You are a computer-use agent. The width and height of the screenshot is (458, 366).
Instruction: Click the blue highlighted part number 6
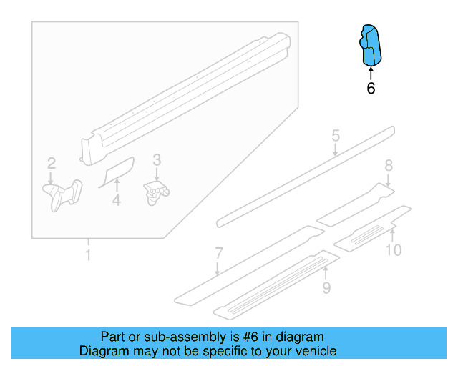point(371,44)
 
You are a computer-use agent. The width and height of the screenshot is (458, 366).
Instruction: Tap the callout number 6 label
point(371,89)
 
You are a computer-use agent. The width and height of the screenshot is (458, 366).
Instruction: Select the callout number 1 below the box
point(88,255)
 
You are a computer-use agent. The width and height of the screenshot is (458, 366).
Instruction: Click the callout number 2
point(51,164)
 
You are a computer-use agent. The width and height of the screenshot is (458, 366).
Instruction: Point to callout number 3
point(157,160)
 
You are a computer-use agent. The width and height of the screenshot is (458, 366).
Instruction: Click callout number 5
point(335,136)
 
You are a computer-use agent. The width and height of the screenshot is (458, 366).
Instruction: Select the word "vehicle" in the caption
point(313,351)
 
